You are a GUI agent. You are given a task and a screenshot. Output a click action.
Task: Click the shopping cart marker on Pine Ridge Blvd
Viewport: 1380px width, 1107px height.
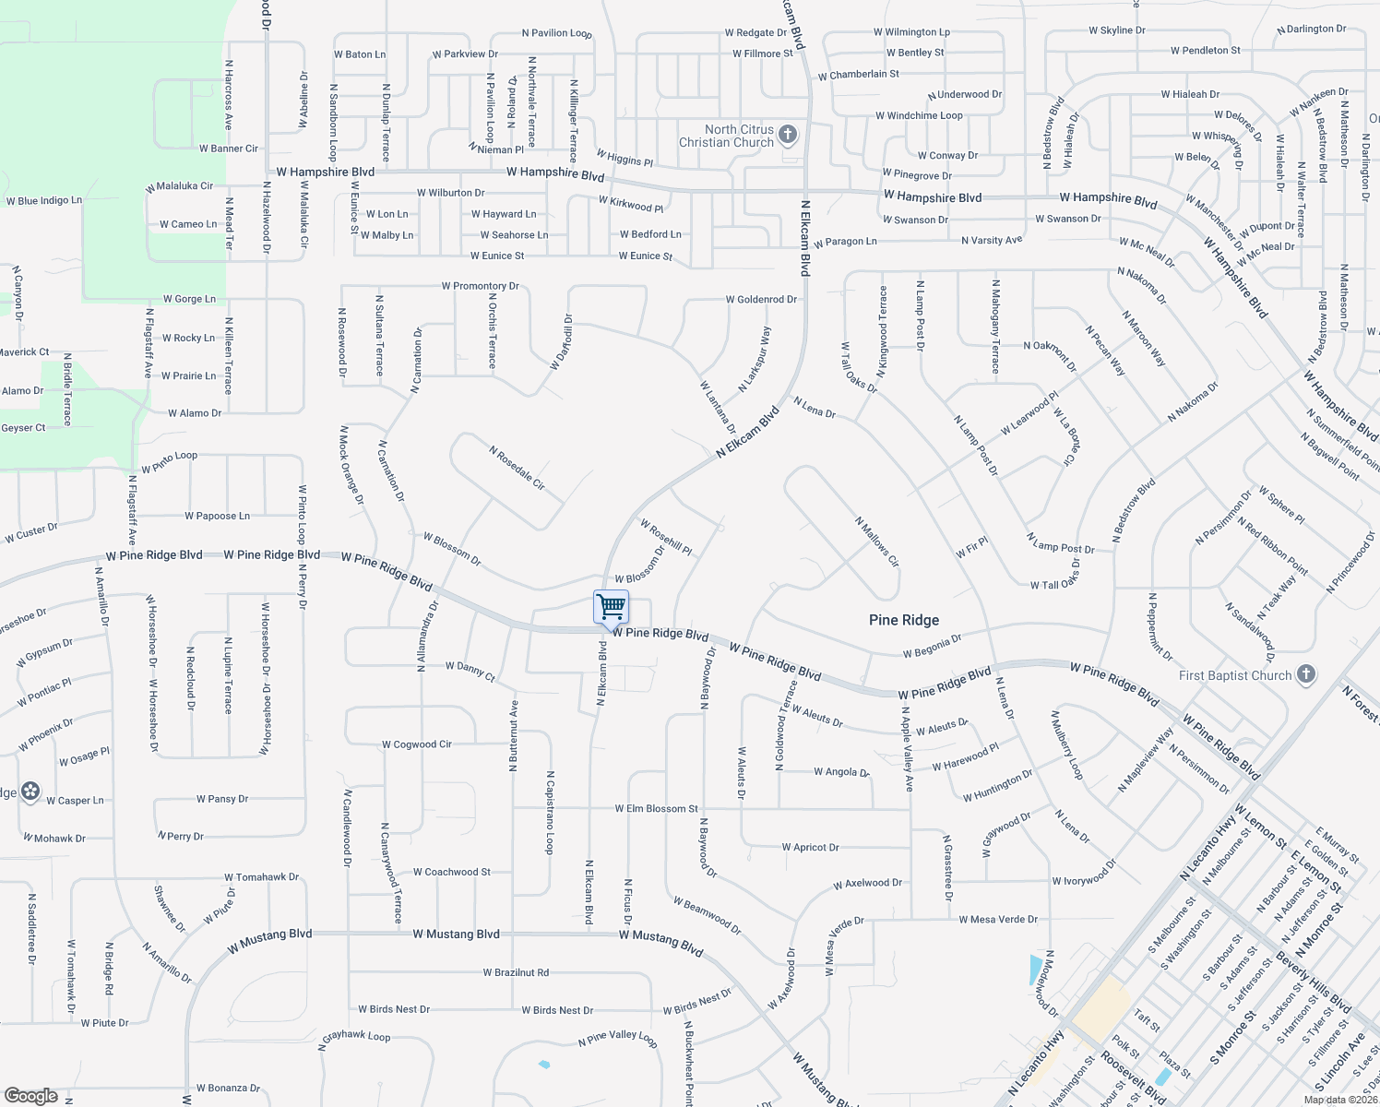point(611,608)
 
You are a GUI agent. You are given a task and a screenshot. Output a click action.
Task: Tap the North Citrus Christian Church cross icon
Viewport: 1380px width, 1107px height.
point(788,136)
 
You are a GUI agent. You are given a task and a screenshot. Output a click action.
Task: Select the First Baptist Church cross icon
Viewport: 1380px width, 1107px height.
point(1305,674)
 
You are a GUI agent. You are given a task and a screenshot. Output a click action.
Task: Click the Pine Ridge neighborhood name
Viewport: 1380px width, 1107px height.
point(904,620)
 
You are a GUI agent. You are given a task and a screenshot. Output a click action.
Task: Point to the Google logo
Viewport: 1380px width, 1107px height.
point(30,1096)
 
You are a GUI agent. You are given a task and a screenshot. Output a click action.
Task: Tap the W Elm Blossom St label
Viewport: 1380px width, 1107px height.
point(657,809)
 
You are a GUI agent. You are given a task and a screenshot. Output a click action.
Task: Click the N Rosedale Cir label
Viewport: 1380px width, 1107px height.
point(517,468)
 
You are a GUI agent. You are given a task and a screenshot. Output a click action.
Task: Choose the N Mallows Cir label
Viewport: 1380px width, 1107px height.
point(876,542)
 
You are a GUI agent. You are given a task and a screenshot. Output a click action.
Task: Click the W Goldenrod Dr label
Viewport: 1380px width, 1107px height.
point(761,300)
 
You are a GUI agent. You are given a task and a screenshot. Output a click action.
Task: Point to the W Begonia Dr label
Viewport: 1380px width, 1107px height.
point(932,646)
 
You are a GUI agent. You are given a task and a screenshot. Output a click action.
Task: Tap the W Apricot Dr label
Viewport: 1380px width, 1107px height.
point(811,847)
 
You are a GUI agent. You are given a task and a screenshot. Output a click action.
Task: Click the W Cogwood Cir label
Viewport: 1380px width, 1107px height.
point(417,744)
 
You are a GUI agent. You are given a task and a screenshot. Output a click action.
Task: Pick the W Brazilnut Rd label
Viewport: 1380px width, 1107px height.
point(516,972)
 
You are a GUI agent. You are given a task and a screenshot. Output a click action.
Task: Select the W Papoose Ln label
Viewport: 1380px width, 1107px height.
point(217,517)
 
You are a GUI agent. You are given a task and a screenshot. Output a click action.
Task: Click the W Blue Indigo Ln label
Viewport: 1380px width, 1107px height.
point(43,201)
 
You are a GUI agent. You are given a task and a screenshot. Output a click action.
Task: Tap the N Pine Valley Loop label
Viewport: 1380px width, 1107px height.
point(617,1038)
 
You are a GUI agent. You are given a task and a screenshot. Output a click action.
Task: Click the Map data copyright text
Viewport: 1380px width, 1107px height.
point(1339,1099)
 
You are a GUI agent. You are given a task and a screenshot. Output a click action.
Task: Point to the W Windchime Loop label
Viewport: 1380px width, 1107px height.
point(919,116)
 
